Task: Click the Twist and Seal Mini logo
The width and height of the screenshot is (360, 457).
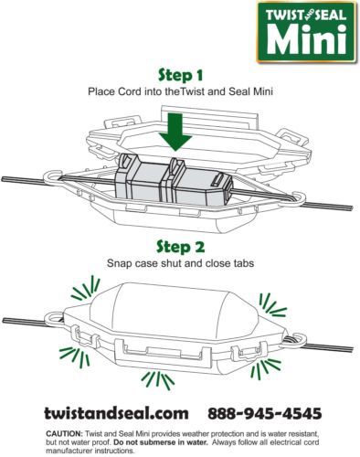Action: pyautogui.click(x=306, y=32)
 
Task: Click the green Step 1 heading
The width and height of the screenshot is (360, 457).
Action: pyautogui.click(x=180, y=75)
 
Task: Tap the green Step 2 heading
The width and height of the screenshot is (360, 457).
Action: pyautogui.click(x=180, y=246)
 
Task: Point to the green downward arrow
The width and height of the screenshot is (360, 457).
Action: pyautogui.click(x=175, y=132)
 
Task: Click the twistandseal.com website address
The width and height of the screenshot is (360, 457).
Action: pyautogui.click(x=116, y=413)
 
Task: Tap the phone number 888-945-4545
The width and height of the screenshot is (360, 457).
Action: pyautogui.click(x=265, y=413)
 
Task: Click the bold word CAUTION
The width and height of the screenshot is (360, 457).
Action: pyautogui.click(x=64, y=433)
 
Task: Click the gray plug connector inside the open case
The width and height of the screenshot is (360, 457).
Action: pyautogui.click(x=174, y=181)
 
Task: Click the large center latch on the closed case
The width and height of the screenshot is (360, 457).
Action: pyautogui.click(x=163, y=353)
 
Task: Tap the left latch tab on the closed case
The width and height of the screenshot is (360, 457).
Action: pyautogui.click(x=85, y=339)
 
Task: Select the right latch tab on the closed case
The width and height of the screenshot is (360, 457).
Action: pyautogui.click(x=249, y=351)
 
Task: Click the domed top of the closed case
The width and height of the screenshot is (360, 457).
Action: pyautogui.click(x=174, y=308)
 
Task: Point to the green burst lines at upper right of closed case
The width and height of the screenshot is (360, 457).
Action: pyautogui.click(x=272, y=304)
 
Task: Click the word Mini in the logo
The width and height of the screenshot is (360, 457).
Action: pyautogui.click(x=307, y=39)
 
